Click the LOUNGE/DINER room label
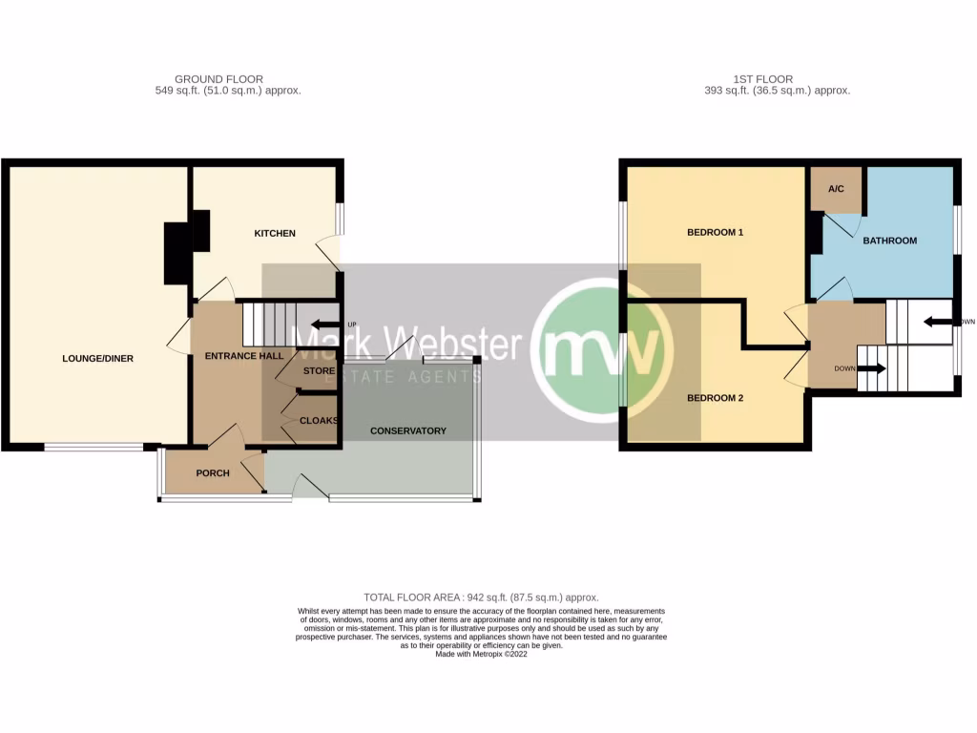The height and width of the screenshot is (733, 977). point(97,359)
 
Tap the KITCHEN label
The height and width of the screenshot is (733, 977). point(274,234)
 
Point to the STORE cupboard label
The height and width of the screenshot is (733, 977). point(319,370)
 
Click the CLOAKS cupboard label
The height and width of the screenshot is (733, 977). point(319,420)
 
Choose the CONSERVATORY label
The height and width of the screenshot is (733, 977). point(408,430)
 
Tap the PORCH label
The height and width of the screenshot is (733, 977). point(213,473)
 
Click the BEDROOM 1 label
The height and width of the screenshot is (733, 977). point(715,233)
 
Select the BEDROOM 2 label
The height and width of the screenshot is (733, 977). point(715,398)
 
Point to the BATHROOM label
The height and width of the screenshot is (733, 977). point(889,241)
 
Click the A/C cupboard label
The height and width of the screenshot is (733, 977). point(836,189)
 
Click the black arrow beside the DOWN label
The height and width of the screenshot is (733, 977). point(871,367)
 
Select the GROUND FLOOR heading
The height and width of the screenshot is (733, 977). point(218,79)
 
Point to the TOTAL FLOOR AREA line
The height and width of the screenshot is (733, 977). point(481,597)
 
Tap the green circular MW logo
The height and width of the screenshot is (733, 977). point(601,345)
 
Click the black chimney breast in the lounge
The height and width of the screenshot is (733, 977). point(177,253)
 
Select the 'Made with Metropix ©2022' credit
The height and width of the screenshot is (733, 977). point(481,654)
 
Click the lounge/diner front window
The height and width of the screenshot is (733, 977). point(94,446)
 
